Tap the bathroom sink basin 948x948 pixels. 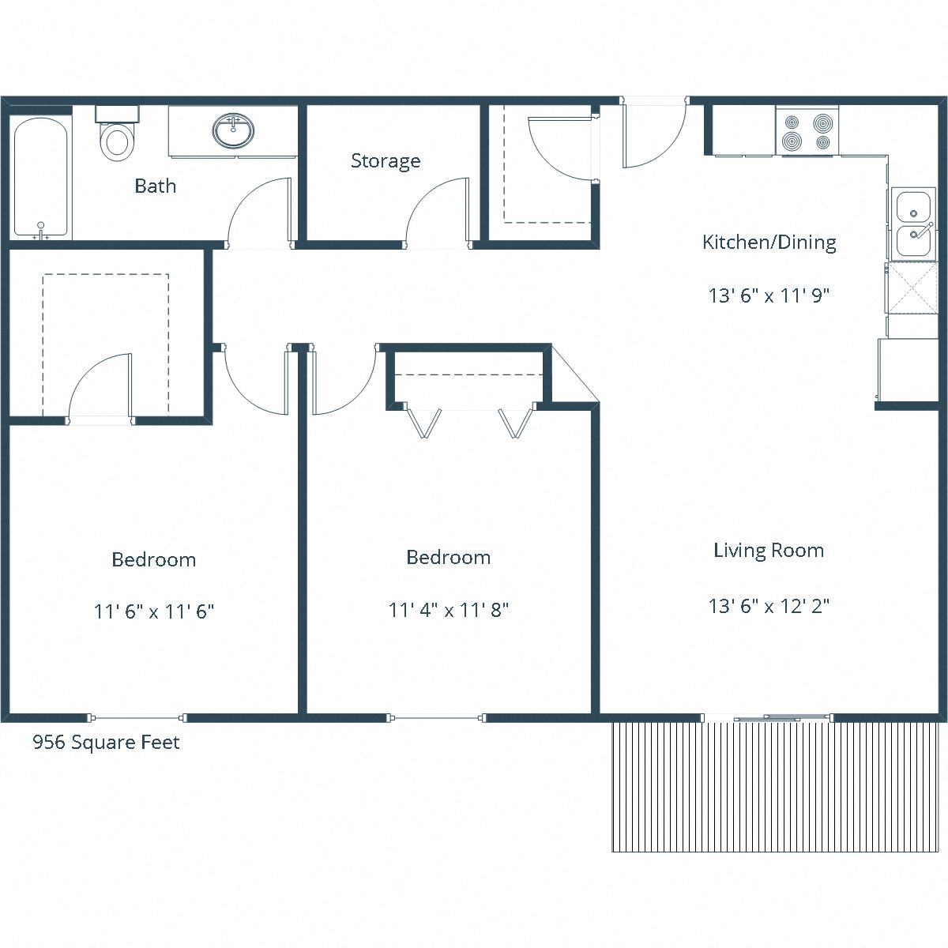point(234,130)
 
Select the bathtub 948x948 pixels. point(42,178)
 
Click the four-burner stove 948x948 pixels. point(807,131)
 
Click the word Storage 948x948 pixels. point(386,161)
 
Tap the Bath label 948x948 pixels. point(155,186)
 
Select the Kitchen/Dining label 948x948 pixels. point(769,242)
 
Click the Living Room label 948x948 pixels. point(769,551)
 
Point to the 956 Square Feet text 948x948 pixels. point(106,743)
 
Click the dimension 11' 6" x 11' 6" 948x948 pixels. point(154,611)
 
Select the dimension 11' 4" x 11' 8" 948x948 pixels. point(448,610)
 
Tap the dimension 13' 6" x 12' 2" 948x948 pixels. point(769,607)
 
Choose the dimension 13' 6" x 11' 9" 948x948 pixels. point(769,296)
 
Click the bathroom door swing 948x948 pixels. point(260,212)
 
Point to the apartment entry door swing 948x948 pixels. point(653,134)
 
